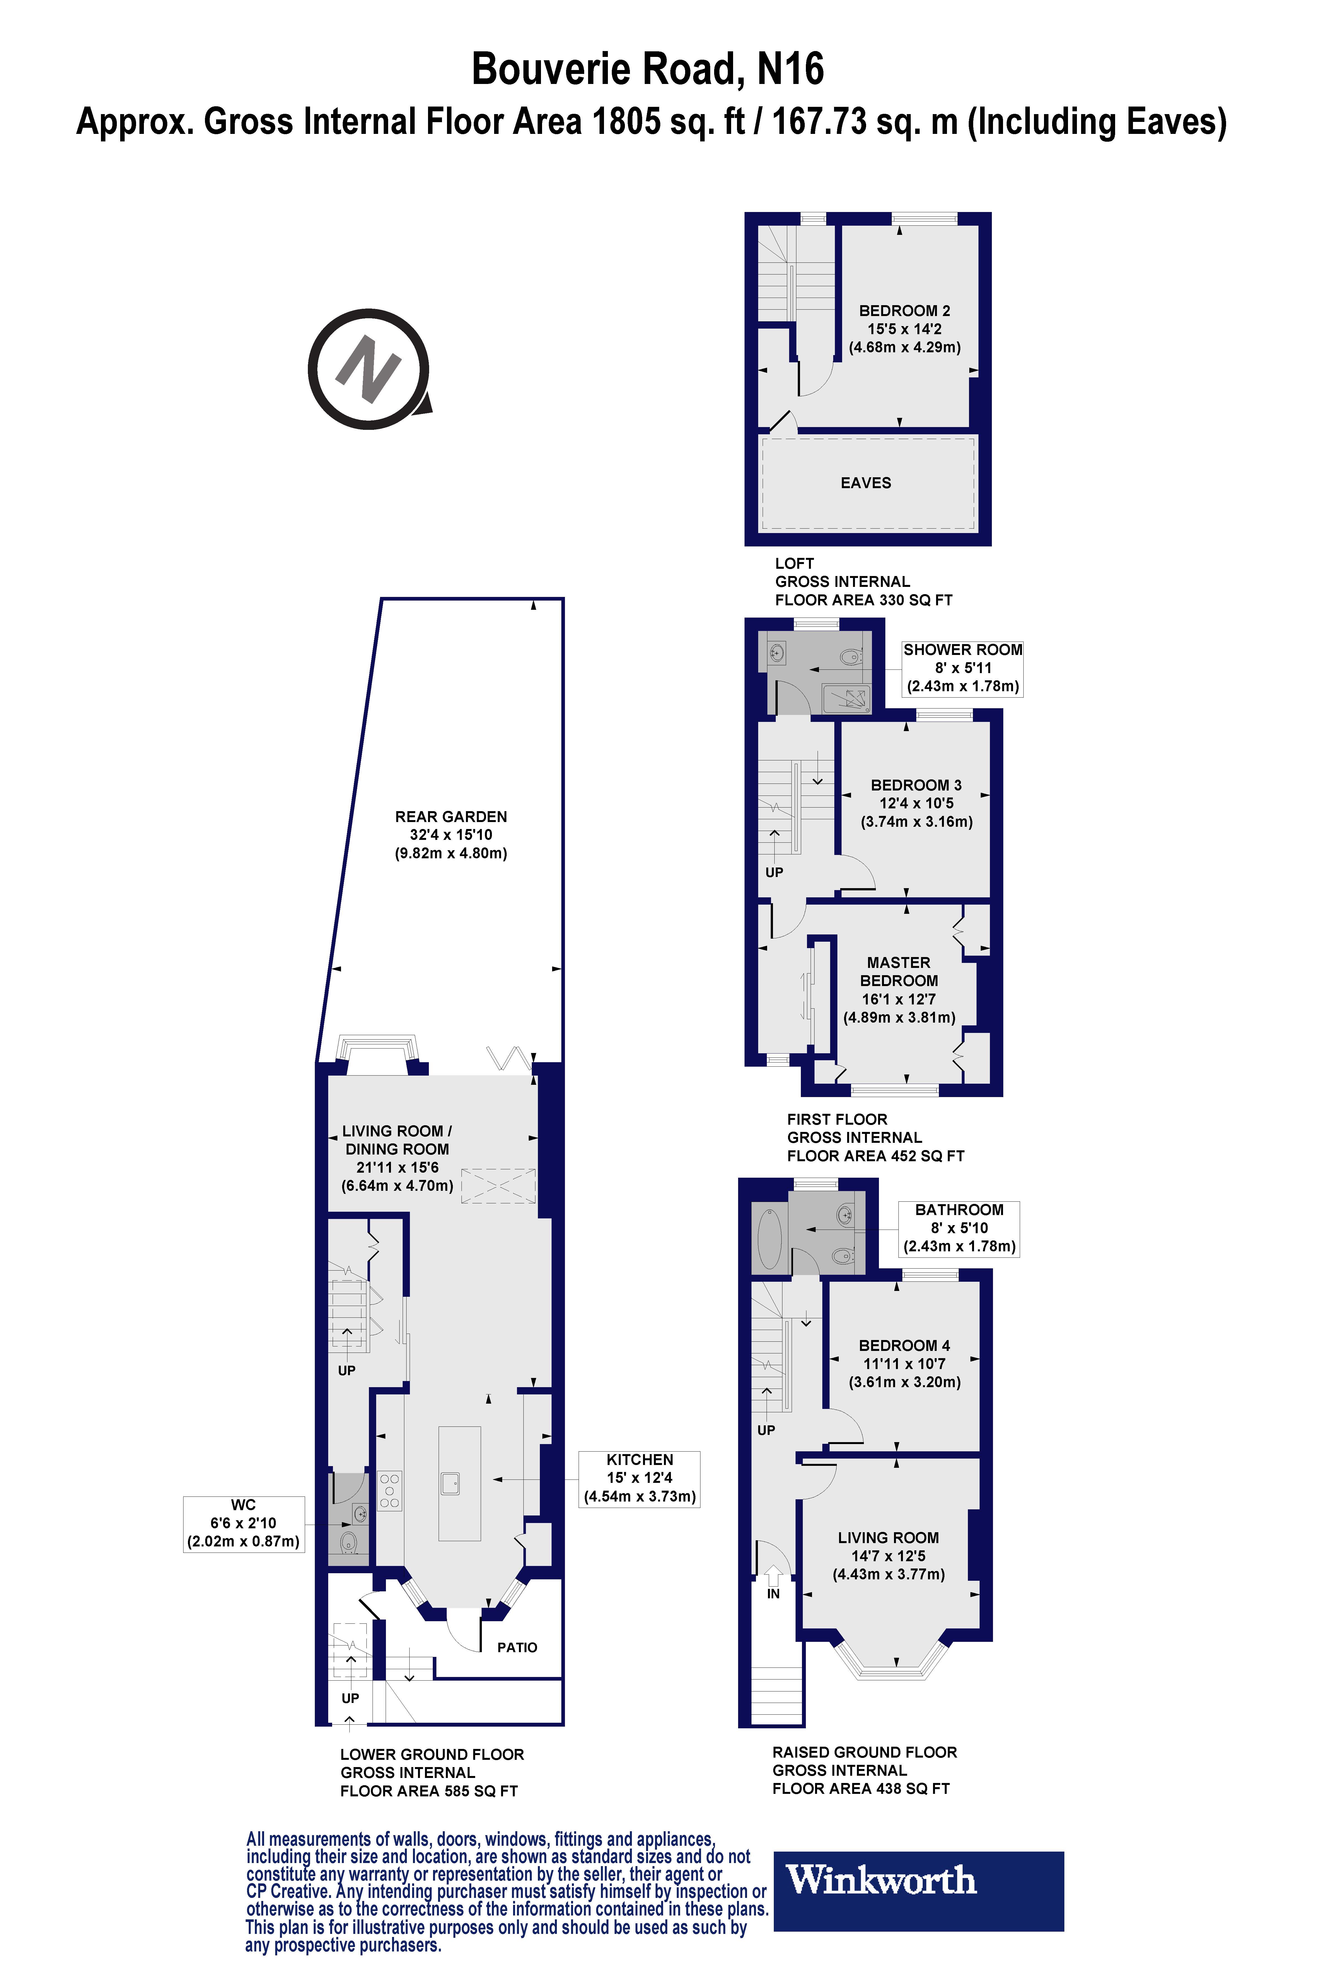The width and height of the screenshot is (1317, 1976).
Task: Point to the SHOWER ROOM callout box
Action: click(x=963, y=668)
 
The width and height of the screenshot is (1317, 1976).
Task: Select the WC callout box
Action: click(x=244, y=1523)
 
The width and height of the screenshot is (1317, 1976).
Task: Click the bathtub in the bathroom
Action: click(x=769, y=1238)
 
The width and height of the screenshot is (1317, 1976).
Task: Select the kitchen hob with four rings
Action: click(x=389, y=1490)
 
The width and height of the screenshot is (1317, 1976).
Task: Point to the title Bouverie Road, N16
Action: click(x=647, y=69)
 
